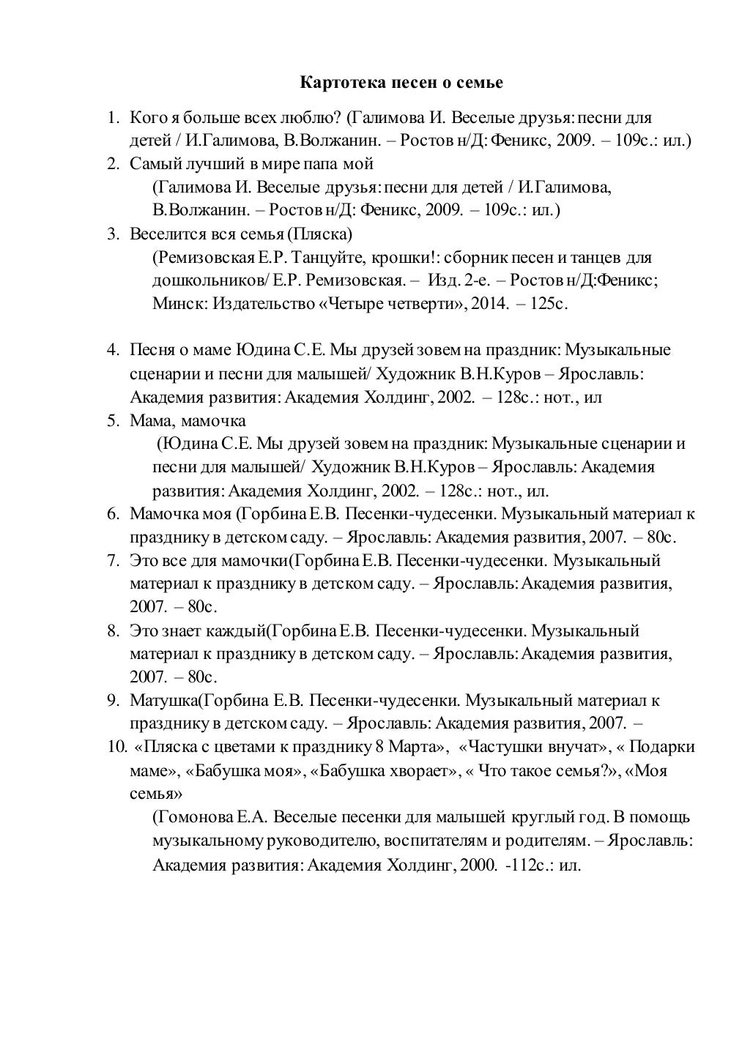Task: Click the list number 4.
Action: tap(112, 350)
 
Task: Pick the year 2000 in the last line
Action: tap(478, 865)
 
